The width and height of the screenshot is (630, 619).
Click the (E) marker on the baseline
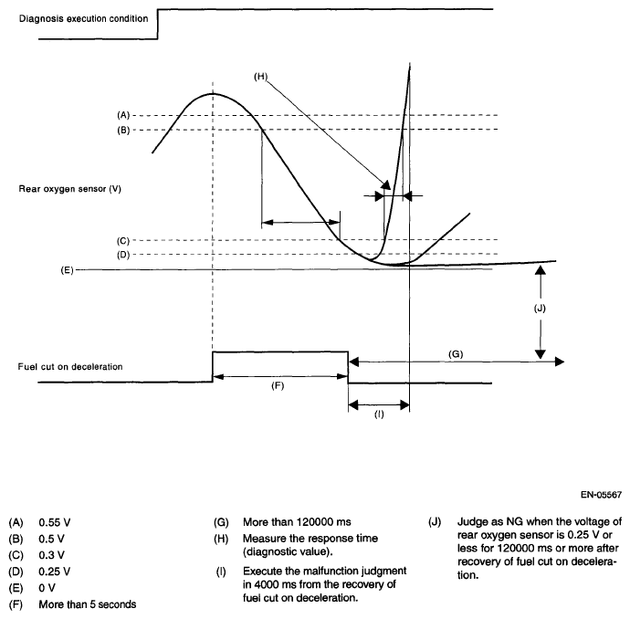point(68,269)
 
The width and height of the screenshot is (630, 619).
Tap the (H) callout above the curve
point(260,77)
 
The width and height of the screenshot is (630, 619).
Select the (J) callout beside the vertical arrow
point(539,309)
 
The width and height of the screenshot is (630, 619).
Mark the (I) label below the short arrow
point(378,414)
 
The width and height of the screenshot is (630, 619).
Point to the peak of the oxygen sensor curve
point(214,92)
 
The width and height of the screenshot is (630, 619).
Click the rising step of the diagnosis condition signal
point(158,25)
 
